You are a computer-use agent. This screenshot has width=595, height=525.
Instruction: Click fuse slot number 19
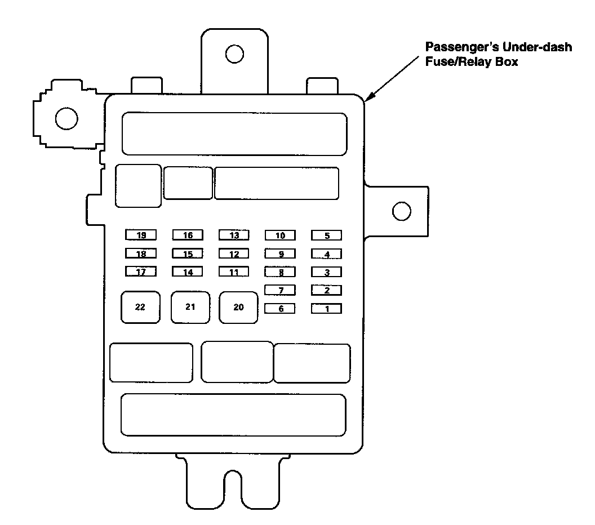pyautogui.click(x=141, y=235)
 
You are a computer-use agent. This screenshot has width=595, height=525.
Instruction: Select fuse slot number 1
pyautogui.click(x=327, y=309)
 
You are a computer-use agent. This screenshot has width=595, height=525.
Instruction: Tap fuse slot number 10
pyautogui.click(x=280, y=235)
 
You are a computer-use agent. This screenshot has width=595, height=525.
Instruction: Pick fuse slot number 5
pyautogui.click(x=327, y=235)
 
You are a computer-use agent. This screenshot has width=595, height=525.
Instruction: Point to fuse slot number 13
pyautogui.click(x=234, y=235)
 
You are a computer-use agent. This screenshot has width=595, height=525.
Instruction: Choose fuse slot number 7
pyautogui.click(x=280, y=291)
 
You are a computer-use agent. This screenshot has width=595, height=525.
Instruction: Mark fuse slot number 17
pyautogui.click(x=141, y=272)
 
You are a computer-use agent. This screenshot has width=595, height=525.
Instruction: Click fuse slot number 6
pyautogui.click(x=280, y=309)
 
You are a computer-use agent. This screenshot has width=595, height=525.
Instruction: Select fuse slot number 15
pyautogui.click(x=188, y=254)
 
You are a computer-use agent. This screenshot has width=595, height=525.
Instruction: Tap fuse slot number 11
pyautogui.click(x=234, y=272)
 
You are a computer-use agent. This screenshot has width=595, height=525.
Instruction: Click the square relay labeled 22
pyautogui.click(x=140, y=307)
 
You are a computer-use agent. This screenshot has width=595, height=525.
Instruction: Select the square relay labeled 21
pyautogui.click(x=190, y=307)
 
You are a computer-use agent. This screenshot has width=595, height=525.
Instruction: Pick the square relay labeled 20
pyautogui.click(x=239, y=307)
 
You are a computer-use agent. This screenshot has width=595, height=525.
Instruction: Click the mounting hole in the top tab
pyautogui.click(x=234, y=54)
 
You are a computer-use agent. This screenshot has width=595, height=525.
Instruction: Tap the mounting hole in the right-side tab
pyautogui.click(x=401, y=211)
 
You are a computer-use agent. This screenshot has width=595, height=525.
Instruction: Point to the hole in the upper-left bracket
pyautogui.click(x=66, y=118)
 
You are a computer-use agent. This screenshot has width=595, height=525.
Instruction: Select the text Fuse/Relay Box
pyautogui.click(x=471, y=62)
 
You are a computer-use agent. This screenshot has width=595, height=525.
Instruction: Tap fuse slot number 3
pyautogui.click(x=327, y=273)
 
